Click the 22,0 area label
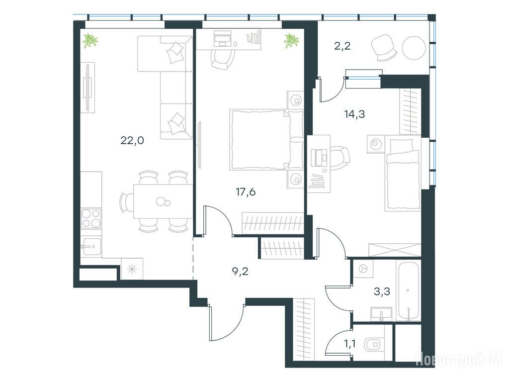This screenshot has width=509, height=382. [132, 141]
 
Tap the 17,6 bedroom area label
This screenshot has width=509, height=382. [246, 192]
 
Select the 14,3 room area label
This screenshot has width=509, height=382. [354, 114]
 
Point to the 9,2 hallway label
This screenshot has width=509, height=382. [240, 271]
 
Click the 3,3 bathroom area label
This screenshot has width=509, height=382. [382, 291]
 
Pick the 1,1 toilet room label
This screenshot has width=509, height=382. [350, 343]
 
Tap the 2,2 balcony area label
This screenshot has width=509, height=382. [342, 46]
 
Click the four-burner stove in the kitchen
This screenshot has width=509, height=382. [91, 218]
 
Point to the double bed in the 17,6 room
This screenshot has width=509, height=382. [266, 140]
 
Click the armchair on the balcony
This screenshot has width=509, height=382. [384, 48]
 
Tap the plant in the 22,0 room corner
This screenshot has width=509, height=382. [89, 41]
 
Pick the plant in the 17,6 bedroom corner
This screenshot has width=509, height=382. [291, 41]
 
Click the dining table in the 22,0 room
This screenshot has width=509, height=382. [163, 201]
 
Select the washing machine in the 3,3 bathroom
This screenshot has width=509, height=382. [363, 269]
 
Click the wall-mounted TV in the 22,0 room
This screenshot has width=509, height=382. [87, 88]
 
